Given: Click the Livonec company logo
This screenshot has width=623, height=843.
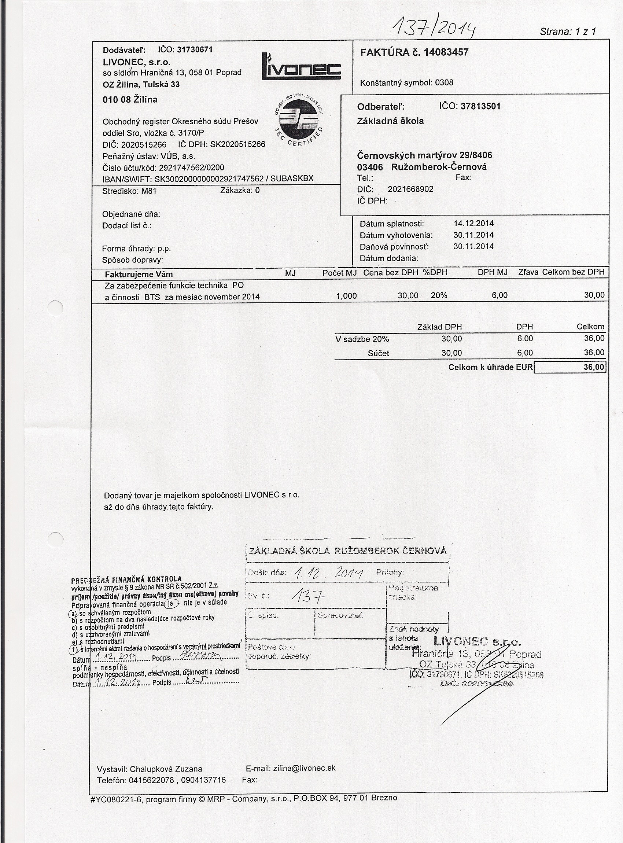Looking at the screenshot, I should pos(301,67).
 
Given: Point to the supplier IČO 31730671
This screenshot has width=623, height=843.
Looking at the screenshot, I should pos(195,49).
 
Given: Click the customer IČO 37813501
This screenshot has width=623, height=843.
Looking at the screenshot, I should pos(480,106).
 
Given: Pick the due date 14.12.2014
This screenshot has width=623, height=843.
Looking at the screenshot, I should pos(473,223).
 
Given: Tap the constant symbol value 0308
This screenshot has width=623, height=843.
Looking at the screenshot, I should pos(444,82).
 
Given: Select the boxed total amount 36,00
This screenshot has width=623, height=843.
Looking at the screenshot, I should pos(594,367).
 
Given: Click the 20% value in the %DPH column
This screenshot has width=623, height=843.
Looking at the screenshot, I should pos(439,295).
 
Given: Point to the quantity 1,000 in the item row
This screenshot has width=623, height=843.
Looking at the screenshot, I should pos(346,296).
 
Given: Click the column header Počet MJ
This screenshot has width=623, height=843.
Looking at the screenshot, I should pos(339,272).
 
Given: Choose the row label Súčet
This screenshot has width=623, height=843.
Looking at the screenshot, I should pos(378,353).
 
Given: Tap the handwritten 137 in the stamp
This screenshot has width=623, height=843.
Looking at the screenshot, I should pos(309,596).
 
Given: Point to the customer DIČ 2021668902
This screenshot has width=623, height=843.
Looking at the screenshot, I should pos(410,189).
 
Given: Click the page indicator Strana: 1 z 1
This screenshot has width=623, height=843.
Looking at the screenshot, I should pos(567,31).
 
